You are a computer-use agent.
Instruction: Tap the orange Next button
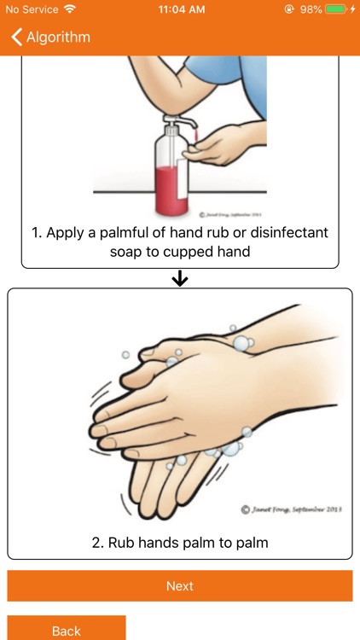180,586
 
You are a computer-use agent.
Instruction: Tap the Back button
67,630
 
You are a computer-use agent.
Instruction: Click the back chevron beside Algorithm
16,38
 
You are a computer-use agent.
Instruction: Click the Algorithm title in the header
58,38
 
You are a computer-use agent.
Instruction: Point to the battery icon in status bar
337,9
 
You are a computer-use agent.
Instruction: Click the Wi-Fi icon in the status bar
69,9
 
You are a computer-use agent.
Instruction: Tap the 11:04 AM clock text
180,9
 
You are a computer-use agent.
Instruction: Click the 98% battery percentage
311,9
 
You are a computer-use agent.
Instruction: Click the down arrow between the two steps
180,279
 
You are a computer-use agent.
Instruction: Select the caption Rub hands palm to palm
180,541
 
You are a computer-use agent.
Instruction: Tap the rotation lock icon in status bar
290,9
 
